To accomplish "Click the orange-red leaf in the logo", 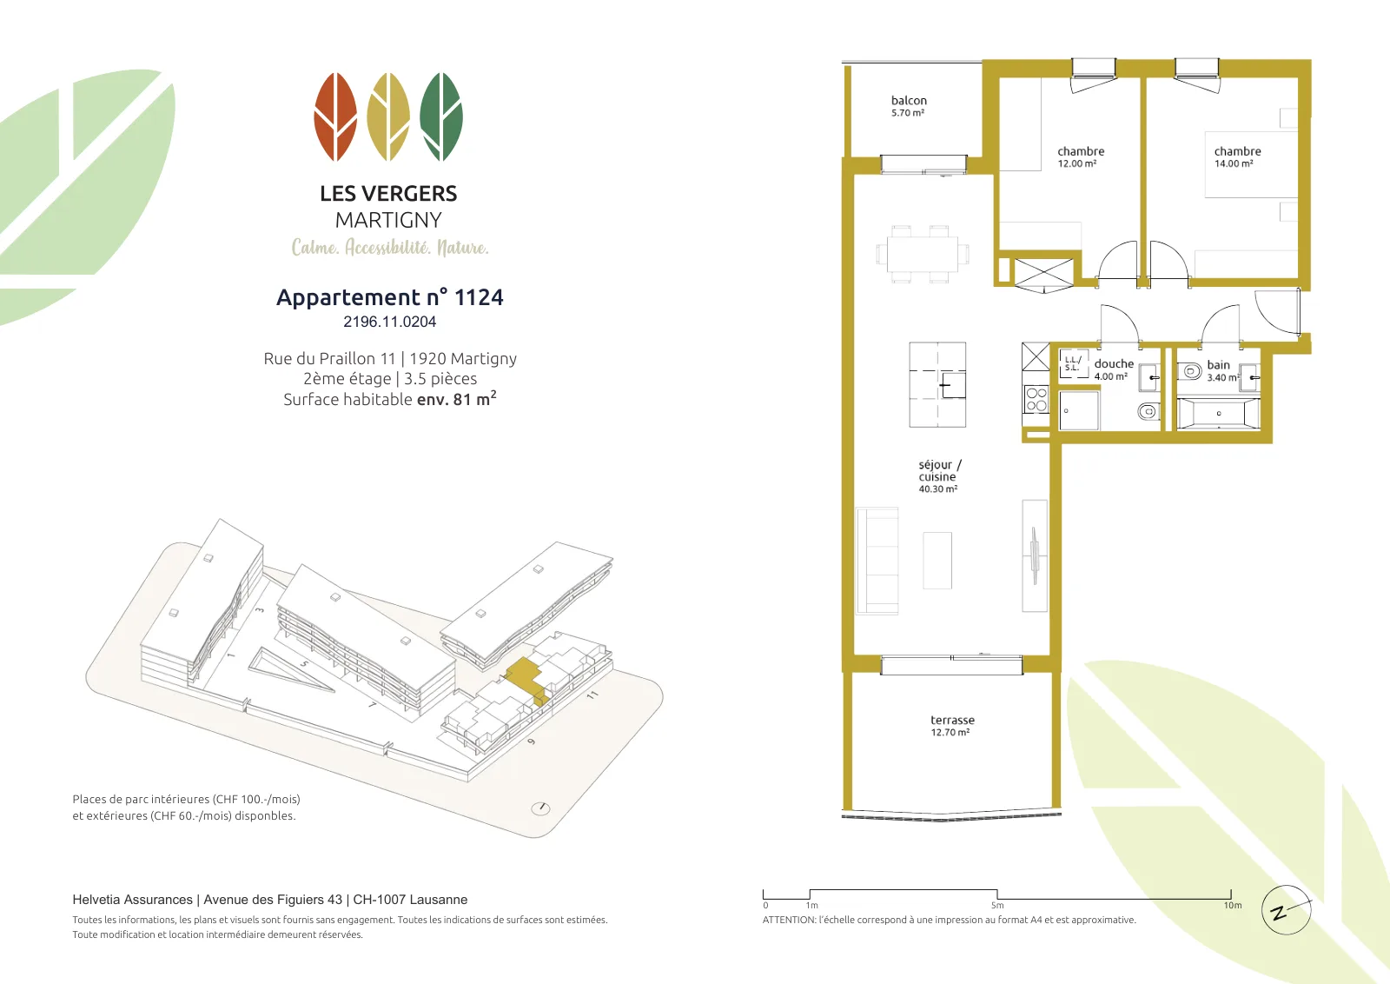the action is pyautogui.click(x=335, y=116).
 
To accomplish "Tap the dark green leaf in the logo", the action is pyautogui.click(x=441, y=116).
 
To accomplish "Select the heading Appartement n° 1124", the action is pyautogui.click(x=390, y=297).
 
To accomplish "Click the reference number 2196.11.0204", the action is pyautogui.click(x=390, y=322).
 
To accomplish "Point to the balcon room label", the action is pyautogui.click(x=909, y=105).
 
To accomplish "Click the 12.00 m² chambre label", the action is pyautogui.click(x=1081, y=156).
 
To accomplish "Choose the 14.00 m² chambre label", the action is pyautogui.click(x=1237, y=156).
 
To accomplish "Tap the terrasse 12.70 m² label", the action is pyautogui.click(x=952, y=725).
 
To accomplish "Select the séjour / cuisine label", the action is pyautogui.click(x=939, y=476).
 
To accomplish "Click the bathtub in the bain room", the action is pyautogui.click(x=1219, y=414).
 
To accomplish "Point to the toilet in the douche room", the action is pyautogui.click(x=1148, y=410).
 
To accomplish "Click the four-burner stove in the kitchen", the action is pyautogui.click(x=1036, y=399).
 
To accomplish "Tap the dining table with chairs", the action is pyautogui.click(x=923, y=255).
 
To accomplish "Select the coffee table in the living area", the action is pyautogui.click(x=937, y=560).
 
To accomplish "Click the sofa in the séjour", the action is pyautogui.click(x=877, y=561).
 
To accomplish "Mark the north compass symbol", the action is pyautogui.click(x=1287, y=910).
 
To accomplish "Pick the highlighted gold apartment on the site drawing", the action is pyautogui.click(x=526, y=679).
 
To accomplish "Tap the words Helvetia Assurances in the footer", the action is pyautogui.click(x=132, y=900).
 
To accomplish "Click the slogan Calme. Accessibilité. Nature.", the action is pyautogui.click(x=390, y=247).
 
